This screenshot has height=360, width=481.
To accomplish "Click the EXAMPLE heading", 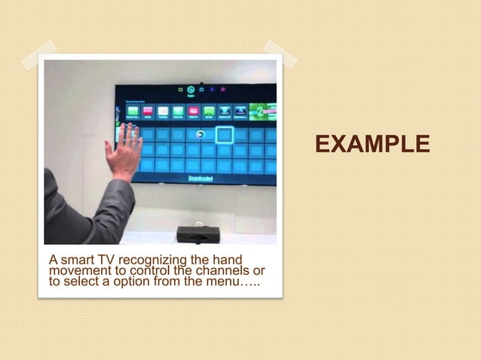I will click(372, 144).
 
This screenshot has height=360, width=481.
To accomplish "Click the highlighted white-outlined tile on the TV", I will click(225, 135).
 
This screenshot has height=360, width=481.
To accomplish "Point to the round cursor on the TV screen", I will click(200, 134).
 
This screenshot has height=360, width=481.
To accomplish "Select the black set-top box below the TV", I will click(198, 233).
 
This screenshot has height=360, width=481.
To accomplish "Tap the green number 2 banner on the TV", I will click(262, 111).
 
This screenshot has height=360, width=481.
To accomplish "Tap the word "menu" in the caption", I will click(234, 282).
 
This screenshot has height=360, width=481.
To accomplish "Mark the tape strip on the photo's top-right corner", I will click(279, 53).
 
